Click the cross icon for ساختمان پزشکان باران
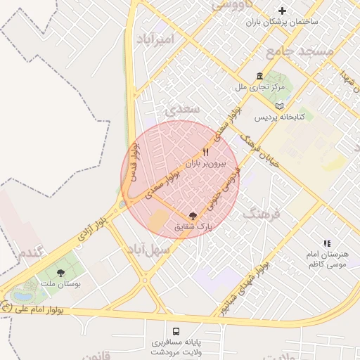click(283, 11)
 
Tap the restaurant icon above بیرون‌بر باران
click(206, 152)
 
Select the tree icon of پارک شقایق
click(193, 216)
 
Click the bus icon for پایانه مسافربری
click(175, 330)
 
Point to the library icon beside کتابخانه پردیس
click(280, 105)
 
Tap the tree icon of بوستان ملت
click(60, 272)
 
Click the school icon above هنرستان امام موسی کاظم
click(326, 242)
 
